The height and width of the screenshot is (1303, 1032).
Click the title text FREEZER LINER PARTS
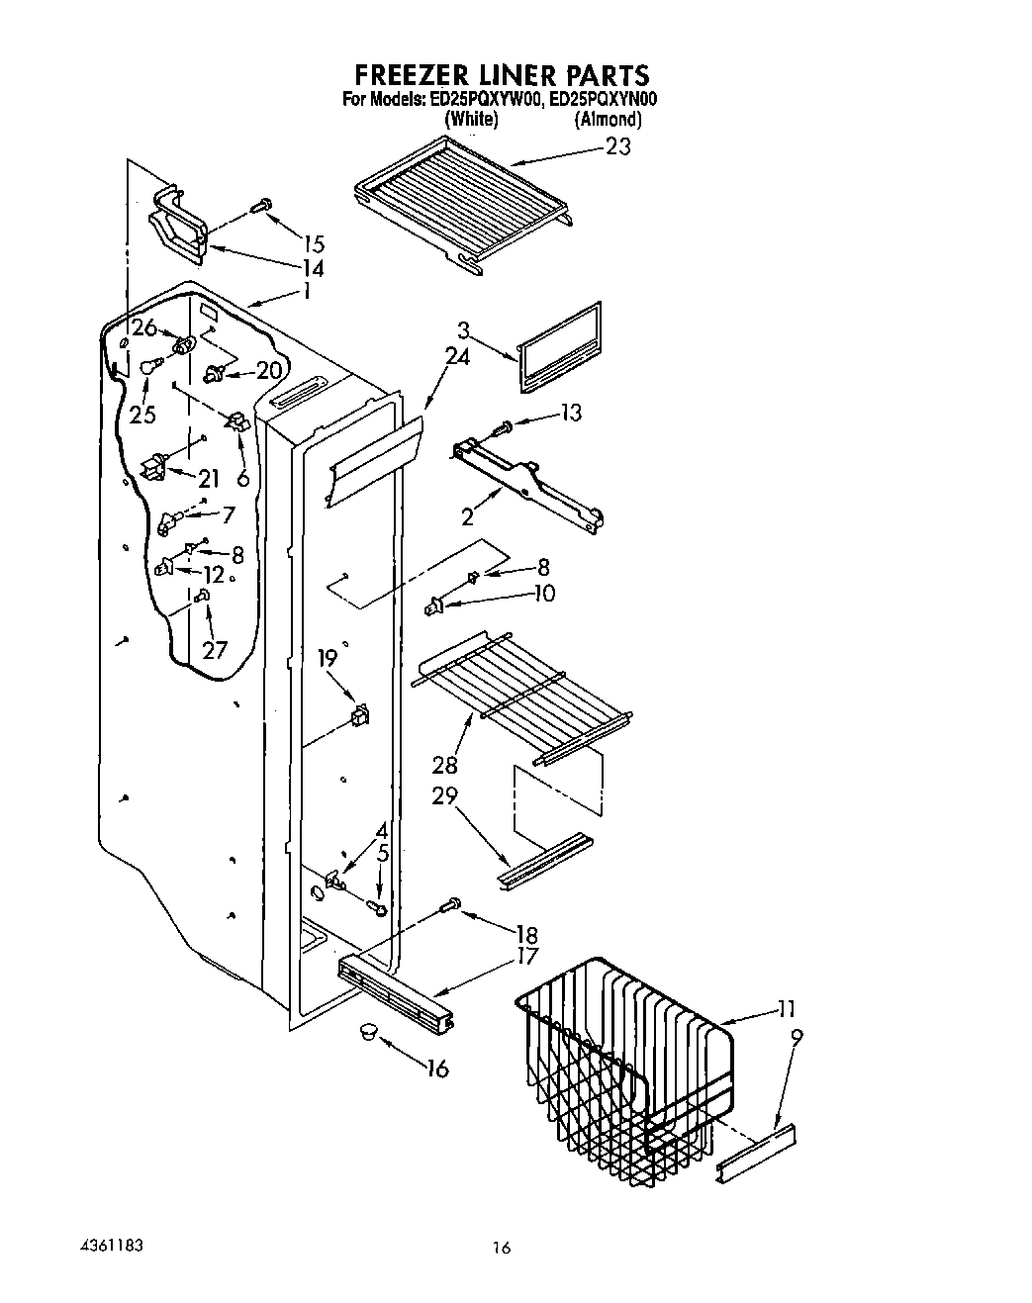tap(501, 75)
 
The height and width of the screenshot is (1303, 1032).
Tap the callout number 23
tap(617, 146)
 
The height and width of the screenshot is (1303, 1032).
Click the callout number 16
tap(436, 1069)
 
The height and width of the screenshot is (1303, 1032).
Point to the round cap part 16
tap(368, 1032)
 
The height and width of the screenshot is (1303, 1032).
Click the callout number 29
tap(444, 796)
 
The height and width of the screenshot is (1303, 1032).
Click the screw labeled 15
tap(262, 206)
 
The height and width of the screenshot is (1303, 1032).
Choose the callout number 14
tap(313, 269)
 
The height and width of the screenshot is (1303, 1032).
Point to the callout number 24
tap(457, 357)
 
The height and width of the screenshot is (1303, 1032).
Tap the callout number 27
tap(215, 649)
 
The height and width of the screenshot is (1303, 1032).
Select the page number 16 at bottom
tap(502, 1249)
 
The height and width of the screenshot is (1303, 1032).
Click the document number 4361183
tap(109, 1244)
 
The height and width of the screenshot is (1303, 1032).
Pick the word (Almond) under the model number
tap(609, 120)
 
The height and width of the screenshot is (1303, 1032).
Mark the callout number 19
tap(327, 657)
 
